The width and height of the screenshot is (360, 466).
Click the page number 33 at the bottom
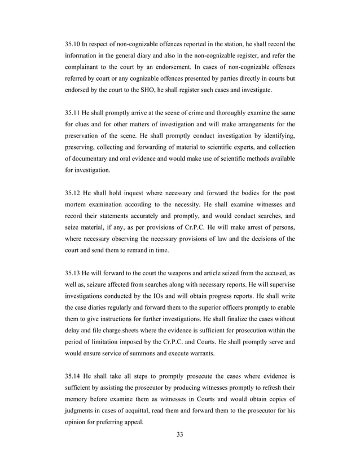pyautogui.click(x=179, y=434)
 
